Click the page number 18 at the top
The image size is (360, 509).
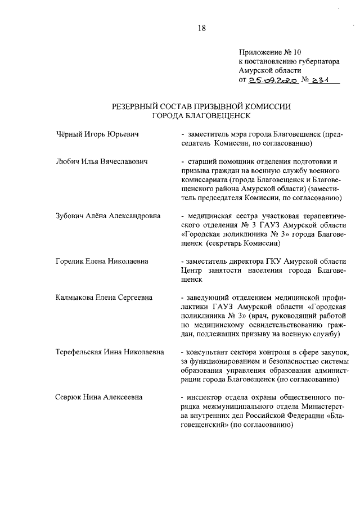tap(202, 29)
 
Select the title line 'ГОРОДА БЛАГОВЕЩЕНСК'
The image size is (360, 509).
tap(201, 116)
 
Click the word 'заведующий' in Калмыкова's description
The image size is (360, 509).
tap(206, 298)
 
